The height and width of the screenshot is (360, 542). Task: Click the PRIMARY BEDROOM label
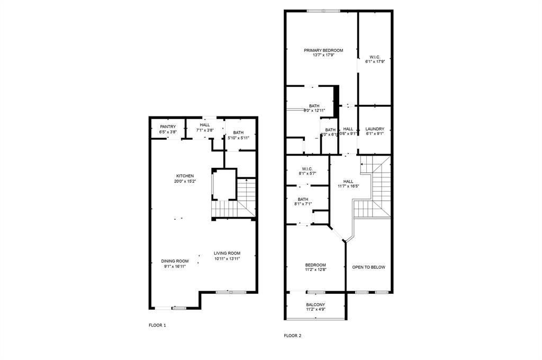tap(323, 50)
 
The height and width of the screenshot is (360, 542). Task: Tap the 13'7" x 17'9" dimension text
tap(323, 56)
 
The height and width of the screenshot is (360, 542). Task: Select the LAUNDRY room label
tap(375, 129)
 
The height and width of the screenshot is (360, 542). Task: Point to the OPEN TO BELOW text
tap(369, 267)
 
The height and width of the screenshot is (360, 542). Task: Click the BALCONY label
tap(315, 304)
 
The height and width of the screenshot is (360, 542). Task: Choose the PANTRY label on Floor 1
tap(168, 127)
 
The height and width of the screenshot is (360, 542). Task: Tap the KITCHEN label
tap(185, 176)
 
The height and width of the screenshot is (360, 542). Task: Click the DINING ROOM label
tap(175, 261)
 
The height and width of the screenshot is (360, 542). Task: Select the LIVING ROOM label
tap(227, 253)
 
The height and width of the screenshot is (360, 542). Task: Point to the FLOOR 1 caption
tap(157, 325)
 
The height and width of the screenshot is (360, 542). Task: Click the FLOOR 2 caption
tap(292, 336)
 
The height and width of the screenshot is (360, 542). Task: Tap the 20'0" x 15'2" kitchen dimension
tap(185, 181)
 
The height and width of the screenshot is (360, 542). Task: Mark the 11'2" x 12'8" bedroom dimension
tap(315, 270)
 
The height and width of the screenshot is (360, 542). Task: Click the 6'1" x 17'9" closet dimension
tap(375, 61)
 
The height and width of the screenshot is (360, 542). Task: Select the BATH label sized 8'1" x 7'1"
tap(303, 199)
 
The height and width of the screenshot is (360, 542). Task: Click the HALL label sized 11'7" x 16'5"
tap(348, 181)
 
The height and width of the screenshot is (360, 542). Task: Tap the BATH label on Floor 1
tap(238, 133)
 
